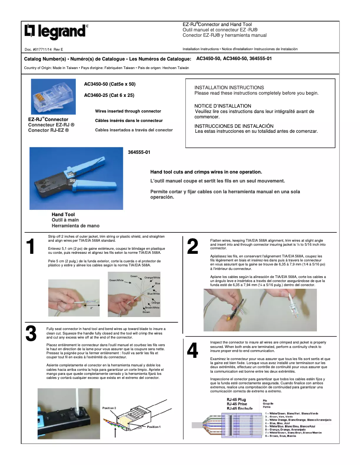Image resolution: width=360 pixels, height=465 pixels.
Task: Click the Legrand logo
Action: click(x=55, y=31)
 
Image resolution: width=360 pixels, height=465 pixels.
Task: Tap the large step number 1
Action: click(x=31, y=247)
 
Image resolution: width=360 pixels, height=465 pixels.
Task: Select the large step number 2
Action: click(x=192, y=247)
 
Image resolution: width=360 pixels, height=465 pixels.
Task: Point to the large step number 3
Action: click(x=31, y=334)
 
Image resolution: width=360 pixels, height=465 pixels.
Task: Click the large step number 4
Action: click(x=192, y=351)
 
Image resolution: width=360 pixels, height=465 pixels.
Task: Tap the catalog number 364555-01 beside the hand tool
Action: click(x=139, y=152)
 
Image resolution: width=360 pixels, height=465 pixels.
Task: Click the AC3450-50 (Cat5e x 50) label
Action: click(x=110, y=84)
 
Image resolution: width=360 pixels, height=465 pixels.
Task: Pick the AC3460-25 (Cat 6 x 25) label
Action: click(x=109, y=95)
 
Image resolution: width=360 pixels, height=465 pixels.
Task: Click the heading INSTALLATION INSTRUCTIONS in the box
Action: click(x=229, y=87)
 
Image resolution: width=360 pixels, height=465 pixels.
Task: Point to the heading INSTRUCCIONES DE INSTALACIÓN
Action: click(x=234, y=126)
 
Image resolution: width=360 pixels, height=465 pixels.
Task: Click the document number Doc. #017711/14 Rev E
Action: click(x=44, y=48)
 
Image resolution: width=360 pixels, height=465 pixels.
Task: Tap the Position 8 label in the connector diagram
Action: click(x=109, y=408)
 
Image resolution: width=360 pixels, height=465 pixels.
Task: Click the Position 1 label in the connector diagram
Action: click(x=154, y=426)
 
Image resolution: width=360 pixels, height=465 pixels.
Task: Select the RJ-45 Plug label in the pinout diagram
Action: click(x=236, y=400)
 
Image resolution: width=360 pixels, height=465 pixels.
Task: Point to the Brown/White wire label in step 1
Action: click(x=152, y=308)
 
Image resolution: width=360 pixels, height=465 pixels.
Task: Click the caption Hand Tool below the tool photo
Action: click(x=63, y=215)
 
